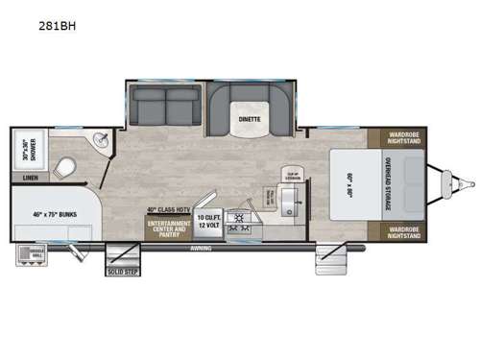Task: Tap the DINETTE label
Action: (x=248, y=119)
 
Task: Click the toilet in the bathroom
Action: (x=64, y=167)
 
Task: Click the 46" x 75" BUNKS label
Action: (x=55, y=215)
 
